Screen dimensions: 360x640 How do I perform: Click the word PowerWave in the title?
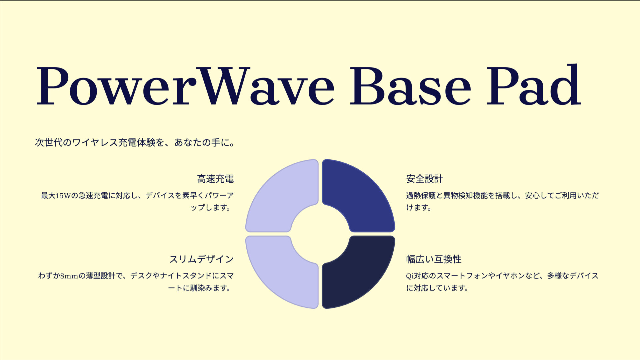coord(185,86)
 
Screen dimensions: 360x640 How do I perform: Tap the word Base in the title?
coord(410,86)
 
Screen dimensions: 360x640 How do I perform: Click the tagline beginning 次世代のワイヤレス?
coord(135,143)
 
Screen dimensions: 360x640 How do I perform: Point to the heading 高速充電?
coord(215,179)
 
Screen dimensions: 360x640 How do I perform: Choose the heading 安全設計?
coord(424,179)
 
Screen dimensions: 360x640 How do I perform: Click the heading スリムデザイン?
coord(201,259)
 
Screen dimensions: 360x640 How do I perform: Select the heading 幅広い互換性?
coord(434,259)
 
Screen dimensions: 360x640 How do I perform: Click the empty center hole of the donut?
coord(320,234)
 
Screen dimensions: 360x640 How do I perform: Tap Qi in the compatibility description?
coord(410,276)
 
